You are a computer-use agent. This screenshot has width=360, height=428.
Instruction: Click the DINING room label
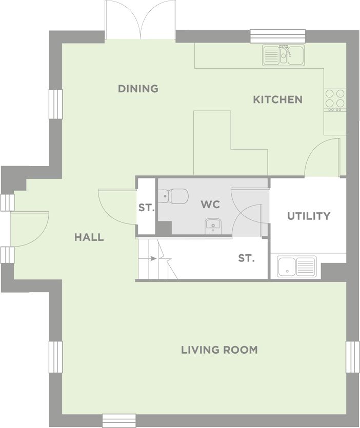pos(138,89)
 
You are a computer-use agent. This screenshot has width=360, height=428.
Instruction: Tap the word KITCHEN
pos(278,99)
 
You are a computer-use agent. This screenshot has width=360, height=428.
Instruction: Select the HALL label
pos(89,237)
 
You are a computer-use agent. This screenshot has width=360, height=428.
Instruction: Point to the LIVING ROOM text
pos(219,350)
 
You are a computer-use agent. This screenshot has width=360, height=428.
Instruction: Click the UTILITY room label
pos(309,216)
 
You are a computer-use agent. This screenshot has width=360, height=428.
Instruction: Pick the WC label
pos(210,204)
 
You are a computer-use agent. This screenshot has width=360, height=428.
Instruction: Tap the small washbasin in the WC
pos(213,226)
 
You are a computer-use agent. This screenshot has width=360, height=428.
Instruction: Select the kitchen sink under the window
pos(284,55)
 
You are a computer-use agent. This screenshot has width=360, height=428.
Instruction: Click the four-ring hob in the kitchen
pos(335,100)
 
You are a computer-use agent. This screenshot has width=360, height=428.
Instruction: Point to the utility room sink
pos(296,266)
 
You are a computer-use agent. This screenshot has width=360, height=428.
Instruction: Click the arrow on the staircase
pos(153,258)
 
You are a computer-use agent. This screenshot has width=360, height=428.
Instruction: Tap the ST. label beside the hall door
pos(146,208)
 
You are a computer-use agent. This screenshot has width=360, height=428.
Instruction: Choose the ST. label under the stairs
pos(246,258)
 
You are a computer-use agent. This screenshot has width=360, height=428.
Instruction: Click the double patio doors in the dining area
pos(140,19)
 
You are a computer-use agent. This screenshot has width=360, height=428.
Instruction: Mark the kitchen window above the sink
pos(278,36)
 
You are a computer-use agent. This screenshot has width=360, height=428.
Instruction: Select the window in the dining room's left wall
pos(56,104)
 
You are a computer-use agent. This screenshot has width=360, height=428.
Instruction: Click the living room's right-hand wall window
pos(352,357)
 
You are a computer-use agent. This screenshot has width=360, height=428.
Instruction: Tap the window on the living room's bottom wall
pos(119,421)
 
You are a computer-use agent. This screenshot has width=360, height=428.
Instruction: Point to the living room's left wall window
pos(56,357)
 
